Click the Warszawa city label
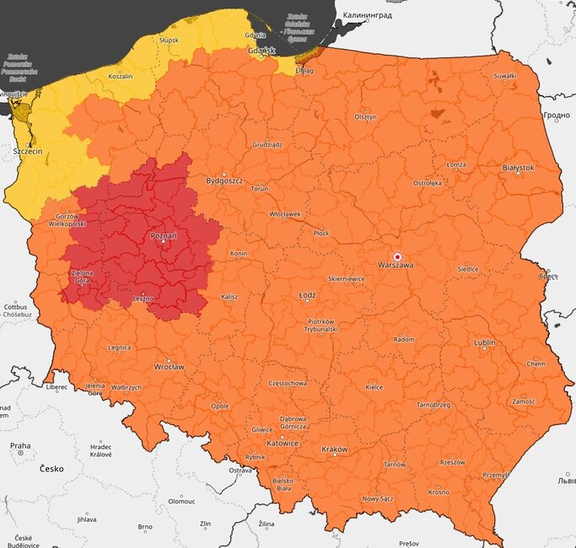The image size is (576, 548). point(396,266)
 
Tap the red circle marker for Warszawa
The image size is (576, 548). point(397,255)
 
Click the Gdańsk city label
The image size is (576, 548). point(262,51)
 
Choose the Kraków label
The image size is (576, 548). point(334,449)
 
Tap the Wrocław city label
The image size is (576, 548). point(169,368)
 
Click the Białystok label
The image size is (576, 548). point(517,168)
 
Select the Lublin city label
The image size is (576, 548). point(484,343)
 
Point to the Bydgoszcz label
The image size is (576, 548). point(224,181)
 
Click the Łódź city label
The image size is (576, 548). point(307,296)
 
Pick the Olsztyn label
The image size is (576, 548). point(365,117)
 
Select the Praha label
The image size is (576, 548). point(20,446)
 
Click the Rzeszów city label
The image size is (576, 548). point(452,462)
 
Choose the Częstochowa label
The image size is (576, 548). point(287,383)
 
